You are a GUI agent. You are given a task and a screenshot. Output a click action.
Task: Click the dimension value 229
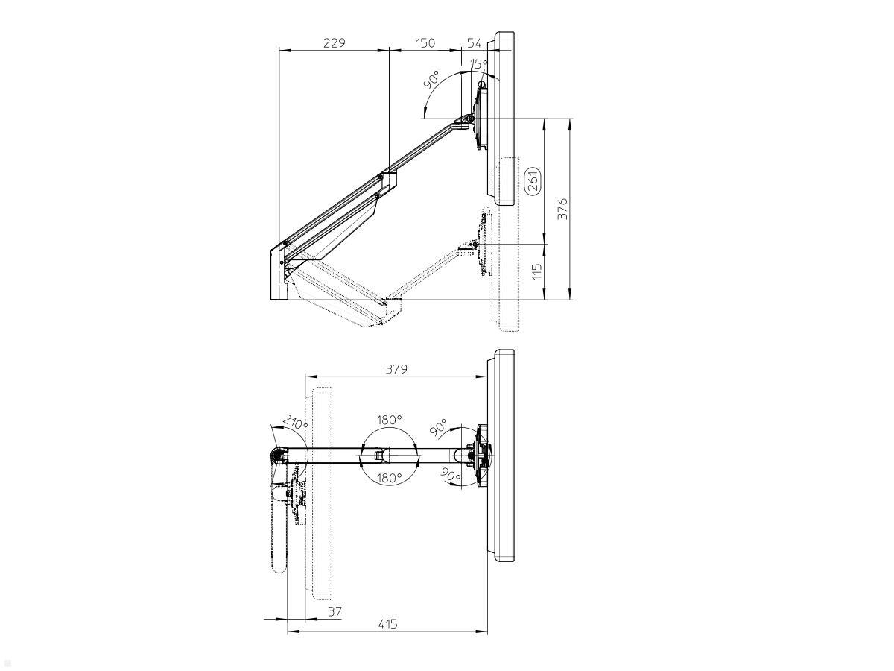click(x=334, y=43)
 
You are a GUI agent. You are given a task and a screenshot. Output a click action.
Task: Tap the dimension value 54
click(x=474, y=43)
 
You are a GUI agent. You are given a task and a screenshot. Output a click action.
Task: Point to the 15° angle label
click(x=478, y=65)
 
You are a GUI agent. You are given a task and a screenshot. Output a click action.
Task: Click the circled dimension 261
click(x=533, y=181)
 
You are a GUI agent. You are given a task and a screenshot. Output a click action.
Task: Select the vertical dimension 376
click(x=564, y=209)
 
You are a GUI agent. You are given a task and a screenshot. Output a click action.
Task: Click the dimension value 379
click(x=396, y=369)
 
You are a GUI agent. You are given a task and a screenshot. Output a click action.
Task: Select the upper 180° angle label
click(x=389, y=420)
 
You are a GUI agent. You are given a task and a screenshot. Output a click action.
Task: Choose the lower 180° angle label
click(x=389, y=477)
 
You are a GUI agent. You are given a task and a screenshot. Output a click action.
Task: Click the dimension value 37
click(x=335, y=611)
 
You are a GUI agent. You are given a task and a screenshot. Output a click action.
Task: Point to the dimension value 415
click(x=387, y=624)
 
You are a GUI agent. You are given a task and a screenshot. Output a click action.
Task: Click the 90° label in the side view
click(x=431, y=80)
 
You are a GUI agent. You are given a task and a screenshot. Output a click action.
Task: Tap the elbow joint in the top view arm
click(x=380, y=454)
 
